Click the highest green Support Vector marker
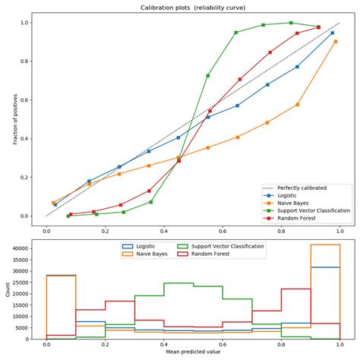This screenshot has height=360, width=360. tap(291, 23)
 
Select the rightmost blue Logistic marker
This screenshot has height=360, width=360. tap(333, 33)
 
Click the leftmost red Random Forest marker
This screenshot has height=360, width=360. tap(71, 214)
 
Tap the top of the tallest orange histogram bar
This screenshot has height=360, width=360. tap(325, 245)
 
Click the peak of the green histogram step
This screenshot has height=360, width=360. tap(178, 283)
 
